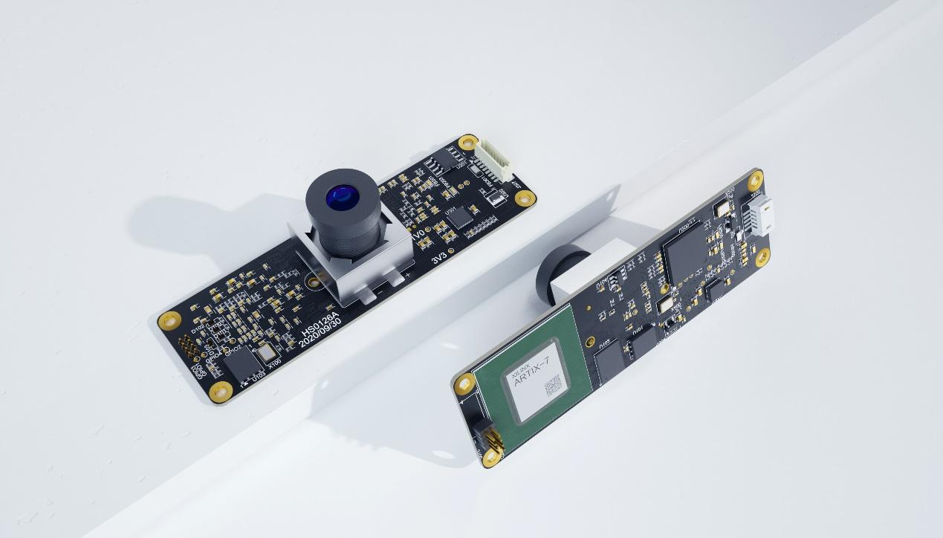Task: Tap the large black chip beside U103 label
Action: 241,364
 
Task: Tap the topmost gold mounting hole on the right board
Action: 755,179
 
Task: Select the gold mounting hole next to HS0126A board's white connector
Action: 467,142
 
